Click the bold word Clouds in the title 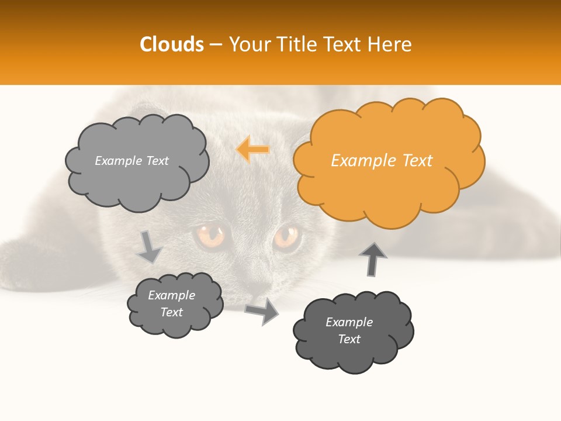pyautogui.click(x=172, y=44)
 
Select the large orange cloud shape pyautogui.click(x=388, y=175)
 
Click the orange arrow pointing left pyautogui.click(x=253, y=149)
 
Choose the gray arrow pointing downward pyautogui.click(x=149, y=247)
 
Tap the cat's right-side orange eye pyautogui.click(x=286, y=237)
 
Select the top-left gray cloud pyautogui.click(x=136, y=175)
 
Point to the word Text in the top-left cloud pyautogui.click(x=157, y=161)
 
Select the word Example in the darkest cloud pyautogui.click(x=349, y=322)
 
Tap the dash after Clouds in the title pyautogui.click(x=215, y=45)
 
